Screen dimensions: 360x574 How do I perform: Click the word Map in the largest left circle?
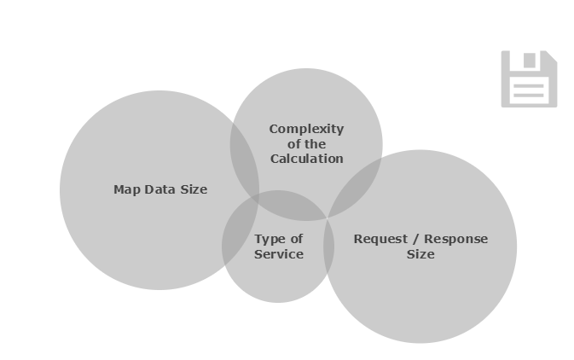point(125,189)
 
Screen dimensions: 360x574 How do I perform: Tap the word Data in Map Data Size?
point(159,189)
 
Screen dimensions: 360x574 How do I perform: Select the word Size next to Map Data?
point(192,189)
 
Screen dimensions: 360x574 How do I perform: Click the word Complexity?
point(306,129)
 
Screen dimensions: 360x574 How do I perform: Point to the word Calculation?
point(306,159)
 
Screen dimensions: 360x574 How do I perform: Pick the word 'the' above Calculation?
point(315,144)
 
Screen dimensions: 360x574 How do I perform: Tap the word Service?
point(278,254)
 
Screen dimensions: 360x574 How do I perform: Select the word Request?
point(380,239)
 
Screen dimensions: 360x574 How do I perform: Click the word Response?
point(456,239)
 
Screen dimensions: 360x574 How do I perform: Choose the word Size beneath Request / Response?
point(420,254)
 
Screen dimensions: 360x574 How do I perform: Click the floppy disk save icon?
point(529,78)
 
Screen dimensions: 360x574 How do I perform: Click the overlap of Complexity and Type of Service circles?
point(277,206)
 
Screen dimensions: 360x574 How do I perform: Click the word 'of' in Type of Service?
point(294,239)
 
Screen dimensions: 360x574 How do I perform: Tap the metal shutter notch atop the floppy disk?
point(530,60)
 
